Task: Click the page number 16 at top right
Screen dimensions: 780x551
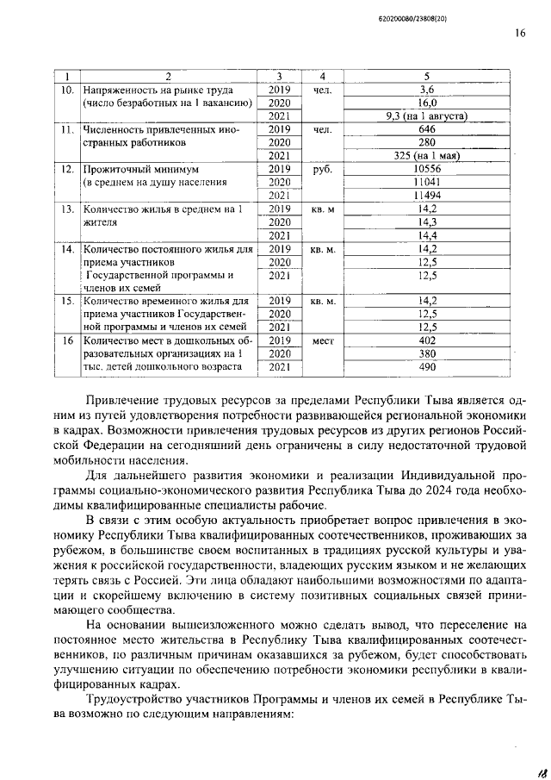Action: click(x=520, y=34)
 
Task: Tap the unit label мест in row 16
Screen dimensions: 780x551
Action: click(x=323, y=340)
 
